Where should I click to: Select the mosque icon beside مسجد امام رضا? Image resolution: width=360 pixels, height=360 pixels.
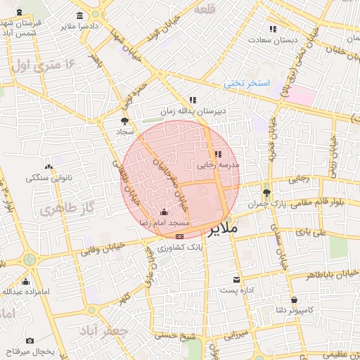(x=165, y=212)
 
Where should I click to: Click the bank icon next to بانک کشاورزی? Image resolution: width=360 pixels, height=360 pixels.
(x=180, y=236)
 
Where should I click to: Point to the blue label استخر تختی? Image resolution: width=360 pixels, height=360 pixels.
(x=247, y=83)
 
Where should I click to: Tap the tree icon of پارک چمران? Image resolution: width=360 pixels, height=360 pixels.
(x=266, y=192)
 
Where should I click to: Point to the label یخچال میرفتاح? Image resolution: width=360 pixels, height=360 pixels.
(x=26, y=349)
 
